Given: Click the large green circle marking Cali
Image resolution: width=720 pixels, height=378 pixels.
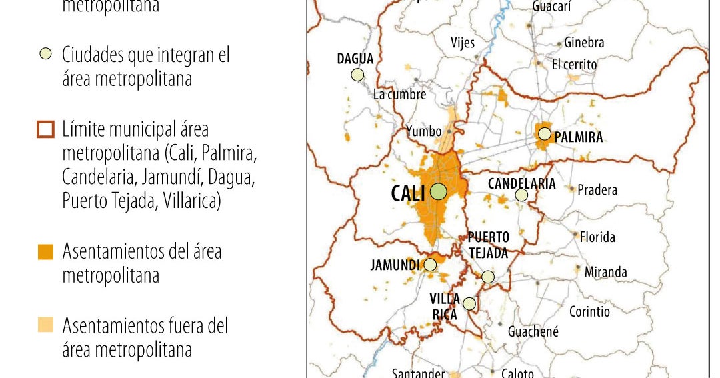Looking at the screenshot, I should click(x=438, y=192).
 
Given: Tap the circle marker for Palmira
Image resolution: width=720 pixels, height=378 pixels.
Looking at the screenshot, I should click(x=545, y=134).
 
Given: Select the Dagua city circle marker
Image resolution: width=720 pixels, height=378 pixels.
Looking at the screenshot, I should click(x=357, y=75).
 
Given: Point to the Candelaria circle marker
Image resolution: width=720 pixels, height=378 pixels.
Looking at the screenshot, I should click(x=521, y=195).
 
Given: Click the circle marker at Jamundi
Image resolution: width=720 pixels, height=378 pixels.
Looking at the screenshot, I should click(x=430, y=265).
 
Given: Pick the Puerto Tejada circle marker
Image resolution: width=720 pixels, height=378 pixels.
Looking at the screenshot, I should click(x=488, y=277).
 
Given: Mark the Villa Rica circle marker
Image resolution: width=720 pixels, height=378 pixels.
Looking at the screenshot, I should click(x=469, y=304).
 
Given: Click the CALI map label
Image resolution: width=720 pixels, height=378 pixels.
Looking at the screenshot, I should click(x=409, y=193).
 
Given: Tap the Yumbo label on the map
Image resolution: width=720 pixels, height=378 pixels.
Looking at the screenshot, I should click(x=424, y=132).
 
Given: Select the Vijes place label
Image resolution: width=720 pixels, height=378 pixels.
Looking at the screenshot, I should click(x=463, y=43).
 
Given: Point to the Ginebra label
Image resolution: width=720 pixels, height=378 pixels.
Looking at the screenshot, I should click(x=584, y=43).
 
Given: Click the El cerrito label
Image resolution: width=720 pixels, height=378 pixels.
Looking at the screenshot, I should click(x=574, y=65).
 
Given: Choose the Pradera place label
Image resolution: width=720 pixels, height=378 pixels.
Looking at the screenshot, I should click(x=597, y=190).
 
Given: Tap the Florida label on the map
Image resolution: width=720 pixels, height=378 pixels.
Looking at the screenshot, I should click(x=597, y=237).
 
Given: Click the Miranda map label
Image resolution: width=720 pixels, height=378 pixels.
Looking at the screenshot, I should click(x=605, y=272).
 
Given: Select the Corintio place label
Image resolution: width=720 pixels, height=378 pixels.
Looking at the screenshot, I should click(x=589, y=311).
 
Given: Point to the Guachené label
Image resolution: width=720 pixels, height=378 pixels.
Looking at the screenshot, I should click(x=533, y=331).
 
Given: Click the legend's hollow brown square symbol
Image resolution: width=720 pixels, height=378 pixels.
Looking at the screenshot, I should click(x=45, y=129).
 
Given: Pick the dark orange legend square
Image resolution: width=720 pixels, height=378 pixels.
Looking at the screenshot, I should click(x=45, y=252).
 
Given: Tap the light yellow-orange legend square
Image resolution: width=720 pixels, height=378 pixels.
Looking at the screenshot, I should click(x=45, y=326).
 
